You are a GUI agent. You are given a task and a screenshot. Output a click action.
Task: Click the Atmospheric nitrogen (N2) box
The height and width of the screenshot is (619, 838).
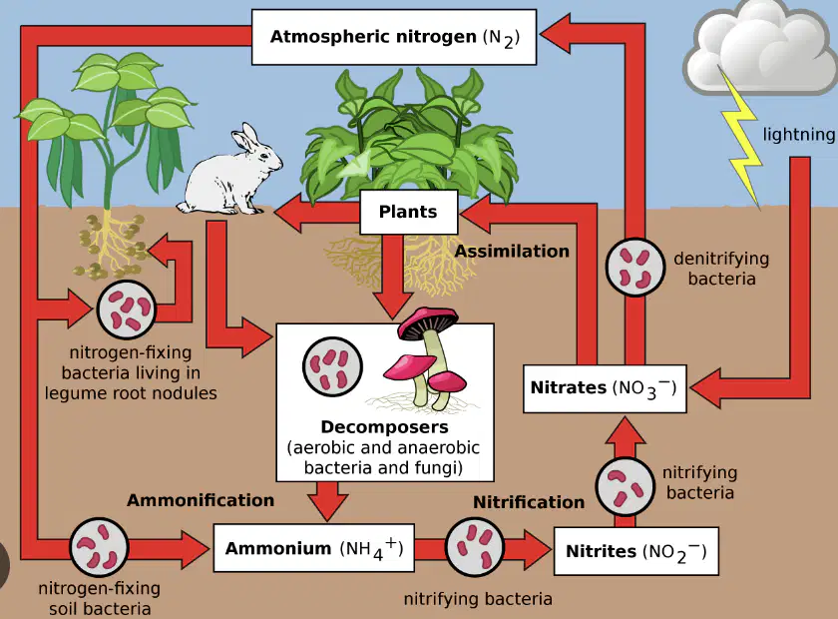pos(394,37)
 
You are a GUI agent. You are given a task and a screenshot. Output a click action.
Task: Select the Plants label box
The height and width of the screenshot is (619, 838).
pos(409,212)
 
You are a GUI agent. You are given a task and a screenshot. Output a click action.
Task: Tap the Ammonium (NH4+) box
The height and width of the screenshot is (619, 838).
pos(313,548)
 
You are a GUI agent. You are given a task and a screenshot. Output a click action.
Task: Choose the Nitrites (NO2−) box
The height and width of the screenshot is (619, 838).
pos(636,551)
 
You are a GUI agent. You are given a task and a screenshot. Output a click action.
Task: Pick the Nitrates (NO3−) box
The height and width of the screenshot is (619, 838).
pos(605,388)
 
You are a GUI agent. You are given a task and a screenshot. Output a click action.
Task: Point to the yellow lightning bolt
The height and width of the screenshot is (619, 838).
pos(740,138)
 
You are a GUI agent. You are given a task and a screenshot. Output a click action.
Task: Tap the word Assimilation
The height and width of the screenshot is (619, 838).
pos(512,251)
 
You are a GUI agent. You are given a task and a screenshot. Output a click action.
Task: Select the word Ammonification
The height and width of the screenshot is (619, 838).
pos(201,500)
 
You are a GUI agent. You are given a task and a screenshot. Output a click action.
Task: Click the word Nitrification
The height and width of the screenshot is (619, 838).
pos(529,502)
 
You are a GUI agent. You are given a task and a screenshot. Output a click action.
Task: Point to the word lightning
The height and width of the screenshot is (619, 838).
pos(798,135)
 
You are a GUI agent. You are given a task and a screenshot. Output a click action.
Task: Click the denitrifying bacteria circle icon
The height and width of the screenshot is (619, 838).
pos(634,267)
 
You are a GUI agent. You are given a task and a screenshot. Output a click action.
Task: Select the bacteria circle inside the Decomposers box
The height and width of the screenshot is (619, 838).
pos(332,366)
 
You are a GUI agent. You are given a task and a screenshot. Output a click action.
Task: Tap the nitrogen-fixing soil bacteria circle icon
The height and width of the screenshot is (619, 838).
pos(99,547)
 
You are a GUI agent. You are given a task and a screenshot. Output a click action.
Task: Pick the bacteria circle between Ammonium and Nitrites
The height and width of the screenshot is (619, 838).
pos(475,547)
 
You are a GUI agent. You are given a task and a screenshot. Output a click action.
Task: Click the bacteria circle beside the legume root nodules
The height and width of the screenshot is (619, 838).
pos(126,309)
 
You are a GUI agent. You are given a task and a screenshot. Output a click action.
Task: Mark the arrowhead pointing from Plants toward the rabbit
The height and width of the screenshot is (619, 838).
pos(287,213)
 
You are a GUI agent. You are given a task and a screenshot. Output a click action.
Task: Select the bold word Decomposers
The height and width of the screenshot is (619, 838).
pos(384,427)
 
